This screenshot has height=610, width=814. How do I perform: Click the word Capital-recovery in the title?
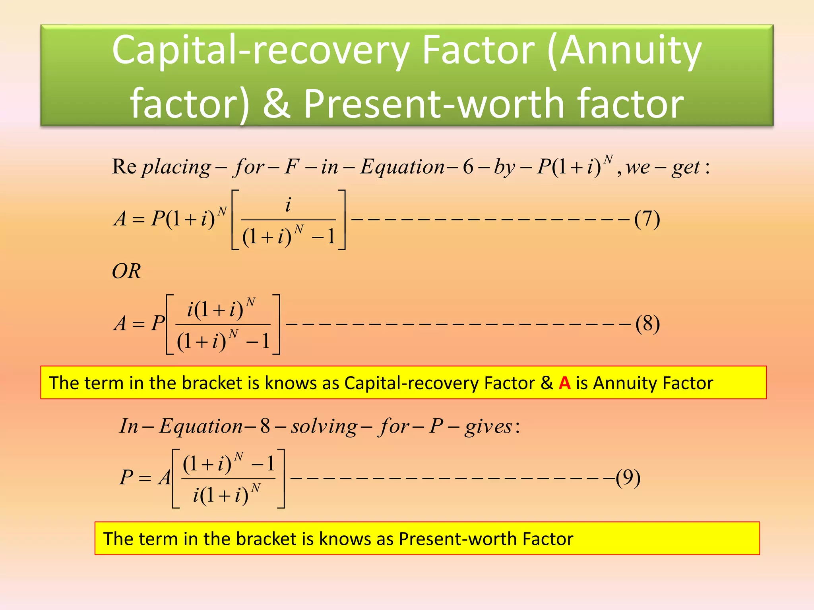pos(260,51)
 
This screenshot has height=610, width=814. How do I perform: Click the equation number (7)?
pos(647,219)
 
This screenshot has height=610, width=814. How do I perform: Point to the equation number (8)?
pos(647,324)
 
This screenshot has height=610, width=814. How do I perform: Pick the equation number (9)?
pos(628,477)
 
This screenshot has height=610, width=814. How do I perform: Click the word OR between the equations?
pos(126,272)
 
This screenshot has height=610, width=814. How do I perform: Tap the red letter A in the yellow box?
pos(564,383)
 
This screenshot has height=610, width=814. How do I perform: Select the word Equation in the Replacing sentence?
pos(402,167)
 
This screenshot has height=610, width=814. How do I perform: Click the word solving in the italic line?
pos(324,427)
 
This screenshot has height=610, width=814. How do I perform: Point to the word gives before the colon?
pos(488,427)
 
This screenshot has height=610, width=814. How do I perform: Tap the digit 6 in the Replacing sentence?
pos(468,167)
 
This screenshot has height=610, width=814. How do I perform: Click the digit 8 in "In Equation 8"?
pos(265,427)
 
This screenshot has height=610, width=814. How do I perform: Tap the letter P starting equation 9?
pos(126,477)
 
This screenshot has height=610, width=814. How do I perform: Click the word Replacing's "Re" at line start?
pos(124,167)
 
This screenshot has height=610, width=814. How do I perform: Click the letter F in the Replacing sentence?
pos(291,167)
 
